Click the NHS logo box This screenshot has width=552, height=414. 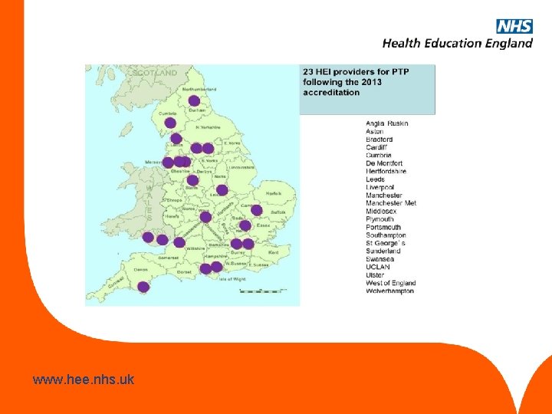[x=514, y=26]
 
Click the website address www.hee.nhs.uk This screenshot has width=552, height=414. [x=84, y=379]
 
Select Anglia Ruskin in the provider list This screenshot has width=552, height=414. [x=387, y=123]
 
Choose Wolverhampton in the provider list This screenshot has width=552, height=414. [x=390, y=291]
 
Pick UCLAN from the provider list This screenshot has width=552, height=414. [x=379, y=267]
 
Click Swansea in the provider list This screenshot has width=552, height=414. [x=380, y=259]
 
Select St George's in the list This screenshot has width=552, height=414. [x=386, y=243]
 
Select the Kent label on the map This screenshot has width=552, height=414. [x=273, y=252]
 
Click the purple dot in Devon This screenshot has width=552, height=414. [x=143, y=287]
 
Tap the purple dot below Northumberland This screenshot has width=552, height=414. [x=194, y=100]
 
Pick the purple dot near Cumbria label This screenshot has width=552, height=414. [x=170, y=123]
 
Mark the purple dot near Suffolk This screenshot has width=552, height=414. [x=256, y=210]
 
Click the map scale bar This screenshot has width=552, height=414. [x=263, y=291]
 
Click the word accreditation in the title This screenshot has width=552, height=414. [x=331, y=93]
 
